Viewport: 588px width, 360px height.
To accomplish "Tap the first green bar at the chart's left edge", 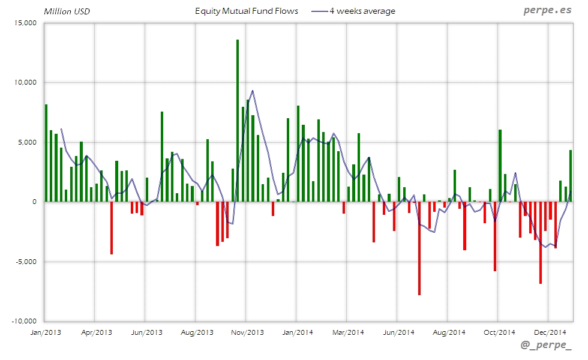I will [46, 153].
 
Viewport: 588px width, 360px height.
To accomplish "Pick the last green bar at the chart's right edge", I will [571, 176].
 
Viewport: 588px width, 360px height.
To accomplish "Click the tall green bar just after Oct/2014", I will [500, 166].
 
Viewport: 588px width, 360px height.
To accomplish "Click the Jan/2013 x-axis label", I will [44, 332].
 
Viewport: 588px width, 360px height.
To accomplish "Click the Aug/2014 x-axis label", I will [449, 332].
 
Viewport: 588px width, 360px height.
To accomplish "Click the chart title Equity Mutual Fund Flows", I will [247, 11].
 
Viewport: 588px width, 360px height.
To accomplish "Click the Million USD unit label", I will [67, 11].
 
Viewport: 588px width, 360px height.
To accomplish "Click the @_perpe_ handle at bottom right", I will [547, 346].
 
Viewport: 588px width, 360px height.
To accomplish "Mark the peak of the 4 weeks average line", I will [253, 91].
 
